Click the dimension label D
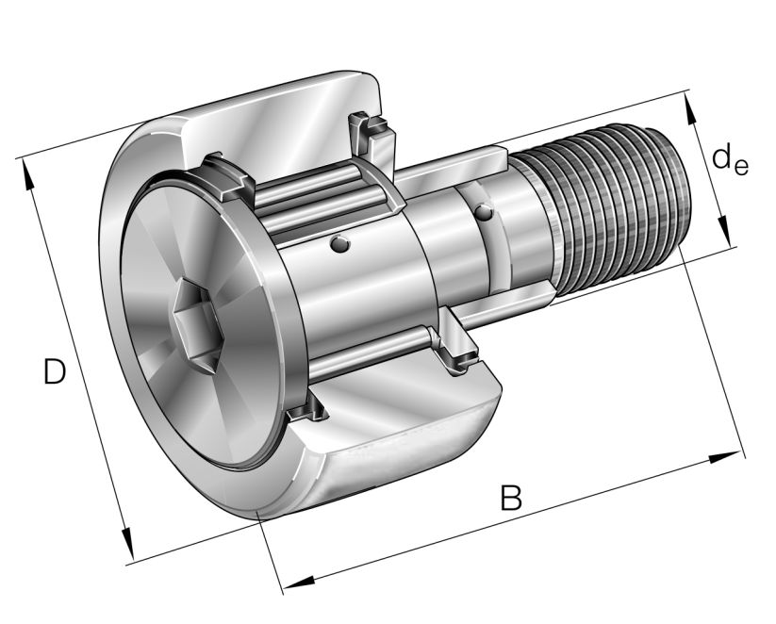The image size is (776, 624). coord(54,372)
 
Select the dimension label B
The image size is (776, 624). coord(510,497)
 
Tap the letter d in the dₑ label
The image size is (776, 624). coord(722,157)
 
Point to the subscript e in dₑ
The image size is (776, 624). coord(741,168)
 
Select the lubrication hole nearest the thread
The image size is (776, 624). coord(483,213)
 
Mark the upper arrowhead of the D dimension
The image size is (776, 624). coord(26,175)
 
